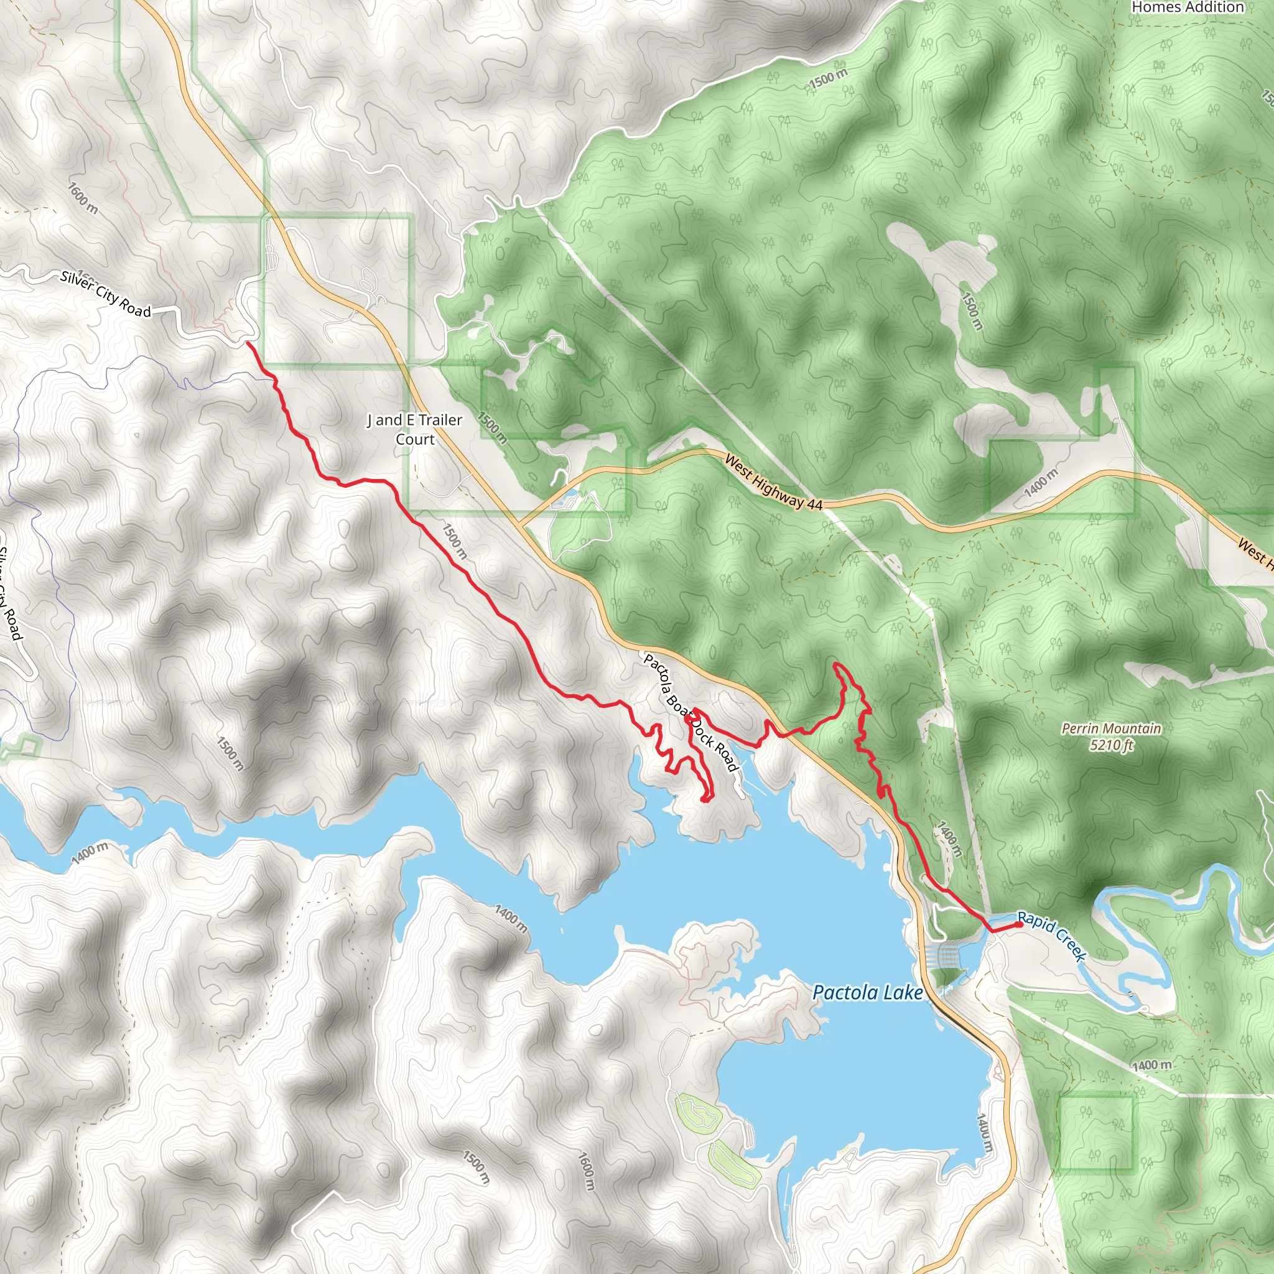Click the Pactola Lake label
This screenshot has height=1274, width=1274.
click(x=867, y=992)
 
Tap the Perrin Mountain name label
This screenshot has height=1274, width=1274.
click(x=1111, y=728)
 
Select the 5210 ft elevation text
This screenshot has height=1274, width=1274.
click(x=1111, y=745)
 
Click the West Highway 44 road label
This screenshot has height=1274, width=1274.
click(x=773, y=482)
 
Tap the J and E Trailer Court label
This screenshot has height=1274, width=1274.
click(x=415, y=429)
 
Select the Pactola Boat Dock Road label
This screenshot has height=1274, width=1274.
click(x=690, y=712)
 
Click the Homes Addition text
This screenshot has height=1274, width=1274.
click(x=1187, y=7)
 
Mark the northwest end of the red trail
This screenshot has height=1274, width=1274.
click(x=248, y=342)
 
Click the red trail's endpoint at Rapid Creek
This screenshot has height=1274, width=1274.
click(x=1020, y=924)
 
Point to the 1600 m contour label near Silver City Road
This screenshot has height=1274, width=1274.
click(x=83, y=198)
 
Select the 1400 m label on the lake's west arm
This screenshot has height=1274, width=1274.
click(x=90, y=853)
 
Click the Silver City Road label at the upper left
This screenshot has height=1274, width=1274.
click(x=106, y=294)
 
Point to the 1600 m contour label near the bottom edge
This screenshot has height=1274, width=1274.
click(x=586, y=1171)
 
